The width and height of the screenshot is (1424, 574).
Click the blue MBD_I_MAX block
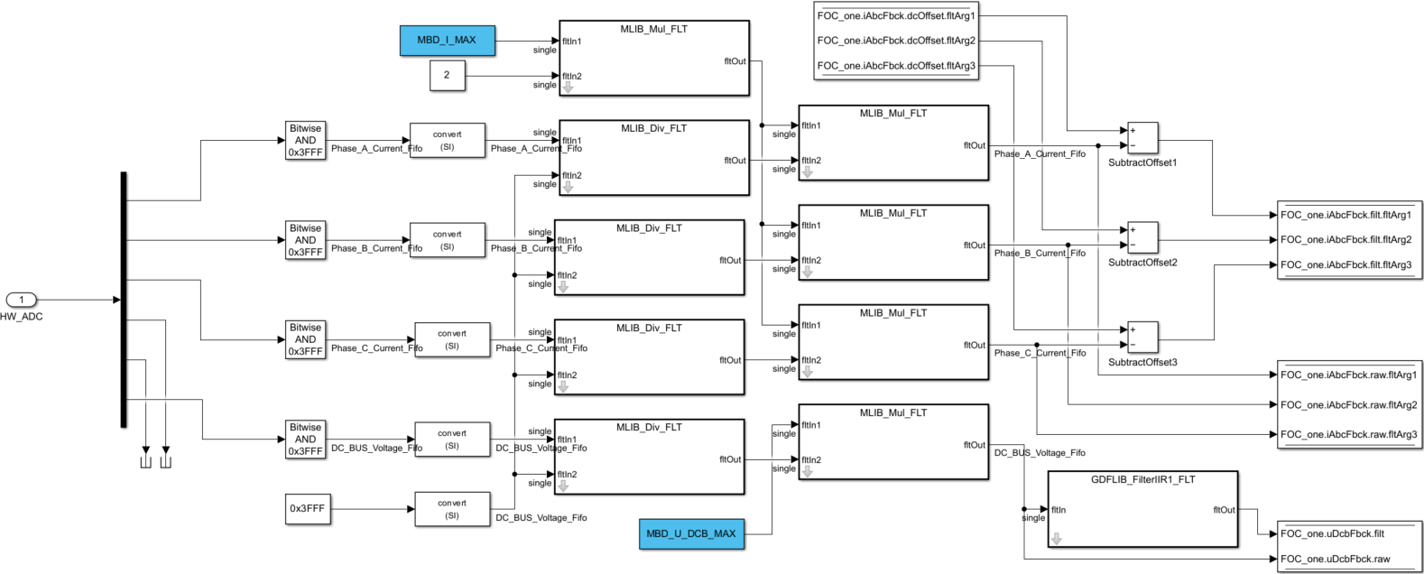click(x=447, y=41)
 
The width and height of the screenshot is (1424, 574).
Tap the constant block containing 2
click(x=447, y=75)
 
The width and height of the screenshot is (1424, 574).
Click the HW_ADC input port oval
click(x=22, y=300)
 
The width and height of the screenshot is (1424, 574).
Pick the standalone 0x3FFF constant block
click(x=307, y=508)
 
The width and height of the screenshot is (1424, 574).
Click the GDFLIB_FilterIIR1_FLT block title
click(x=1142, y=479)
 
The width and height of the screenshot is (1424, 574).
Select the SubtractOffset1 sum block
click(x=1142, y=138)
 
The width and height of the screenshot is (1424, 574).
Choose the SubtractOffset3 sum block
click(x=1142, y=338)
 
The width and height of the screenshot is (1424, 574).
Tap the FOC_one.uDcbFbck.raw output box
click(x=1347, y=559)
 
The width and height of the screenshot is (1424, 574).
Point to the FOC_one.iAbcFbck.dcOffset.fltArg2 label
click(x=895, y=41)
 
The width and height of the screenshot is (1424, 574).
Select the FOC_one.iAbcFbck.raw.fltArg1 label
click(x=1348, y=375)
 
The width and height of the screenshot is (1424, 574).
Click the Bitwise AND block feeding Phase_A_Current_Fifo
click(x=305, y=141)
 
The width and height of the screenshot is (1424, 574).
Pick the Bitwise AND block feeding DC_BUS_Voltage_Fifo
click(x=305, y=440)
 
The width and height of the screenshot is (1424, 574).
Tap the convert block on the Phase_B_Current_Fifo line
click(x=447, y=240)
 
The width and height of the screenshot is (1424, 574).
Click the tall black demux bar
click(x=124, y=299)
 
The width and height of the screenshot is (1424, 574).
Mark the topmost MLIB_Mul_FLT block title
click(x=653, y=29)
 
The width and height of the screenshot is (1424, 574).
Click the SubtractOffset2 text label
click(x=1142, y=263)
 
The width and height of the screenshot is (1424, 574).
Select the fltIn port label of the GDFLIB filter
click(x=1059, y=510)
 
